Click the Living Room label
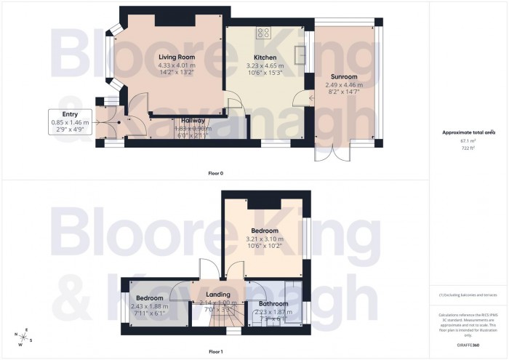point(177,57)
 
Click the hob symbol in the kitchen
point(262,33)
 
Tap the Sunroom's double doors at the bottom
point(328,153)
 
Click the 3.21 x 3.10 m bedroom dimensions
point(265,241)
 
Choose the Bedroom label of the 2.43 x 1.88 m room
point(150,298)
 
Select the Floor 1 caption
point(215,351)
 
